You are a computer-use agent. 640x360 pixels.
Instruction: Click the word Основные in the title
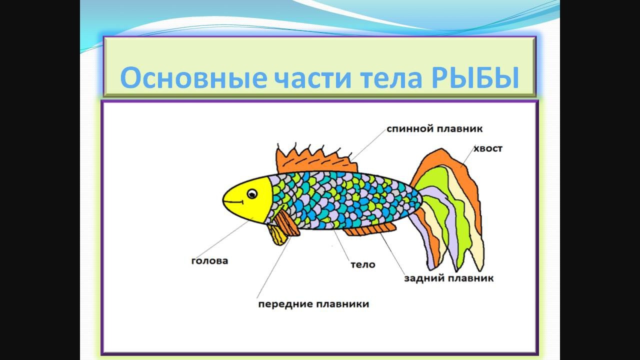click(x=193, y=77)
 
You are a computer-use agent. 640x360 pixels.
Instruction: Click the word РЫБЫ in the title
click(x=475, y=77)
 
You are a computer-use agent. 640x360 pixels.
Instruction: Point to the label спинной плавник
click(x=434, y=129)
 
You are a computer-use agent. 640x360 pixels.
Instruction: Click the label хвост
click(x=487, y=149)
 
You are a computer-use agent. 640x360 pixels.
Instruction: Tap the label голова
click(x=209, y=261)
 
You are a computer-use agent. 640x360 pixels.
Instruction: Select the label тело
click(x=363, y=264)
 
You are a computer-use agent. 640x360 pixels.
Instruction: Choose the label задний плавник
click(x=449, y=278)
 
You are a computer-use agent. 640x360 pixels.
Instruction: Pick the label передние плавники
click(x=313, y=303)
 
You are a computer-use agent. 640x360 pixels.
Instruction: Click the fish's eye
click(x=252, y=194)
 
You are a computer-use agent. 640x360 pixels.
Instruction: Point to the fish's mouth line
click(x=233, y=202)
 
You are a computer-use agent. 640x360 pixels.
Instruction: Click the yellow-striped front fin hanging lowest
click(x=277, y=235)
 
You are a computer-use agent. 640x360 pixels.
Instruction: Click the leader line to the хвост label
click(x=467, y=155)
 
